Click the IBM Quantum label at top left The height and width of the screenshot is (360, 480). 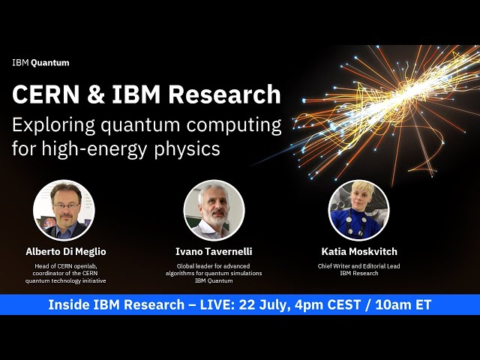point(40,63)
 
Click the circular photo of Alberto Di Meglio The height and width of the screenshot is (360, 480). point(63,211)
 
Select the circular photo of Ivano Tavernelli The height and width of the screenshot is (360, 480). point(214,211)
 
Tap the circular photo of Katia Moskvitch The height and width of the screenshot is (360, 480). point(358,211)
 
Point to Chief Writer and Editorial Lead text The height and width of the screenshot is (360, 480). point(358,266)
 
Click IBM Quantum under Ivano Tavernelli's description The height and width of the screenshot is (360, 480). point(214,281)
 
